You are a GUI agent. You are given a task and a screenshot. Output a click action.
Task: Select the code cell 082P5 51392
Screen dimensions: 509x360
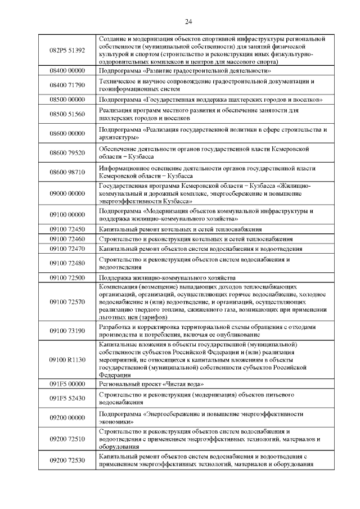tap(67, 51)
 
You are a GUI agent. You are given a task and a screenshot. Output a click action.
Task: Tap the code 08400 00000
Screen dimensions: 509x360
tap(67, 71)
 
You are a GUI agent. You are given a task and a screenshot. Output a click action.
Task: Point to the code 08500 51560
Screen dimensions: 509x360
tap(67, 114)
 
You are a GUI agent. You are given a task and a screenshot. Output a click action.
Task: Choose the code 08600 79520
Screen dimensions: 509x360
tap(67, 152)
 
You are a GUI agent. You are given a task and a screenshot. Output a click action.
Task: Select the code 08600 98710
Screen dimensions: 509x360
tap(67, 172)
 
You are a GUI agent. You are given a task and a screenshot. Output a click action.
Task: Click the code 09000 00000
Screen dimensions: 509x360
tap(67, 193)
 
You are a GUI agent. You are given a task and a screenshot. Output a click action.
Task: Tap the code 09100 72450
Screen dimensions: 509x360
tap(67, 229)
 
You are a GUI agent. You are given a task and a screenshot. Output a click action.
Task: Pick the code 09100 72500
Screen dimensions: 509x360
tap(67, 278)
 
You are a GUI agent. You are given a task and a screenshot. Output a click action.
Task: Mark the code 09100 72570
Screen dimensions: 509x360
tap(67, 301)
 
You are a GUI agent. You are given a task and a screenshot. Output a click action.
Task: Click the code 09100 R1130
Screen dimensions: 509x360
tap(67, 359)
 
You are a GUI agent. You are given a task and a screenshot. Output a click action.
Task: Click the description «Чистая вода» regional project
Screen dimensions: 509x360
tap(151, 384)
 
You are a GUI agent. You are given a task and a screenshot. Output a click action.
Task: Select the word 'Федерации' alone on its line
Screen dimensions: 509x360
tap(115, 375)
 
